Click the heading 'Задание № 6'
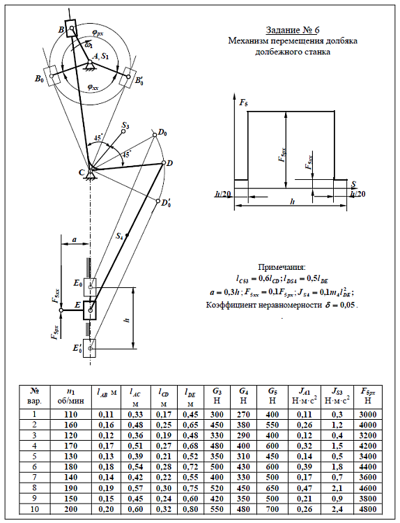pos(292,30)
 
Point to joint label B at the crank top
pos(61,30)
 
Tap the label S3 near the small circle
pos(125,126)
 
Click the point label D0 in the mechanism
pos(162,132)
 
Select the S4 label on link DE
pos(119,236)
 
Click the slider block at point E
pos(90,310)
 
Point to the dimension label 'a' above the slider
pos(75,239)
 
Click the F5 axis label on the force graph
pos(244,103)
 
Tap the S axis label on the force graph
pos(353,184)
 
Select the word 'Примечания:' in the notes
pos(282,267)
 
